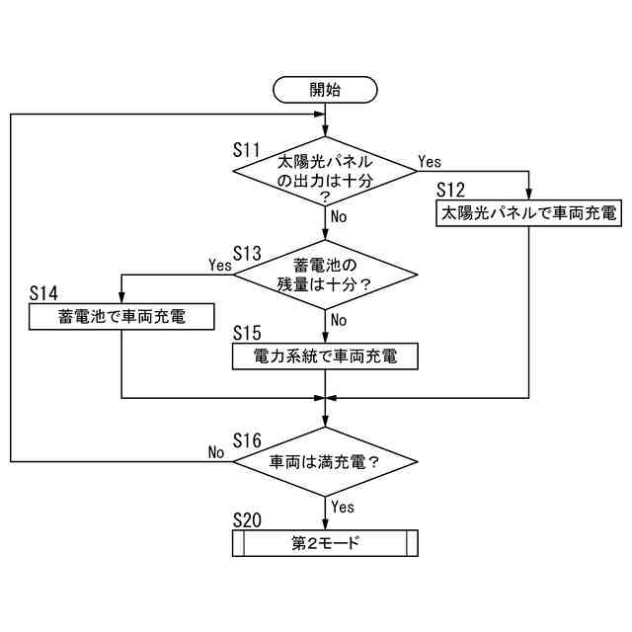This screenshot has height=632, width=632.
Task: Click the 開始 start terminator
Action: (x=325, y=89)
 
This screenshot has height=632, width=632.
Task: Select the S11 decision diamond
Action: (x=325, y=172)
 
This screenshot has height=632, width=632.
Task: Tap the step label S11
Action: (x=246, y=150)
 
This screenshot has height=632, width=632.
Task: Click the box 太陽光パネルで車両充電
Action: (x=528, y=212)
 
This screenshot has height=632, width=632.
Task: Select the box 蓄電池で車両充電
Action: (x=120, y=316)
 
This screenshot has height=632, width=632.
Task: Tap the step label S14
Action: (x=43, y=294)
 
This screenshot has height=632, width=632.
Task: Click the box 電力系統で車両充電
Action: (x=325, y=355)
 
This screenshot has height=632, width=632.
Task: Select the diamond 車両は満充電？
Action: (x=325, y=461)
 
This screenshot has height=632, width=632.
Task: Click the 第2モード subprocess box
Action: (x=325, y=543)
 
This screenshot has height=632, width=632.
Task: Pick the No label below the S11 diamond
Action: (x=339, y=216)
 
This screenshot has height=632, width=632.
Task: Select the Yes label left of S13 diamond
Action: (x=219, y=265)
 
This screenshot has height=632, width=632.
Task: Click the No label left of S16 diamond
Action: (x=216, y=451)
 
